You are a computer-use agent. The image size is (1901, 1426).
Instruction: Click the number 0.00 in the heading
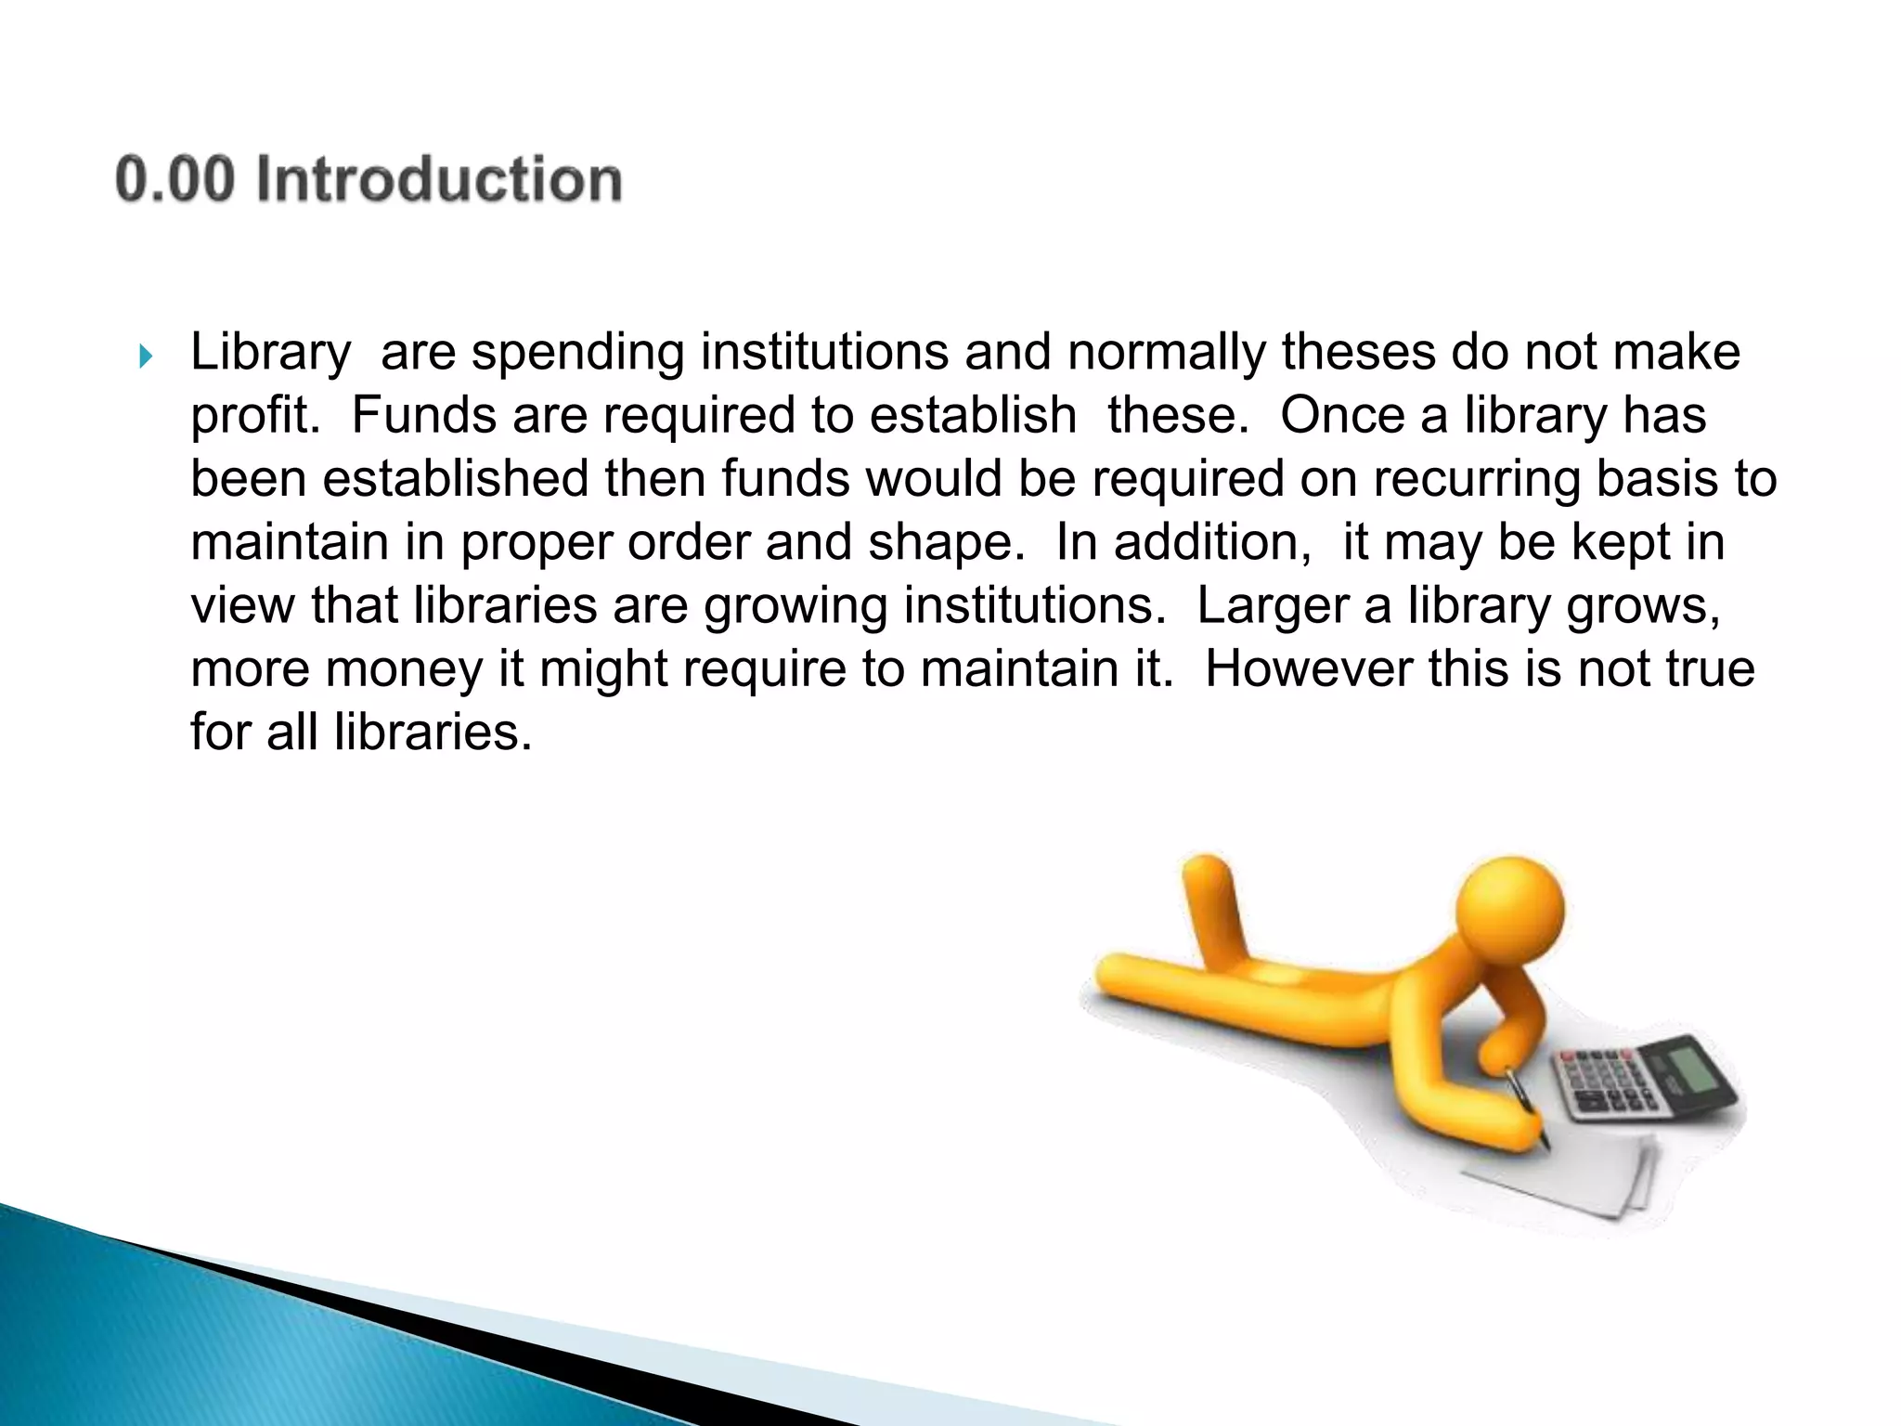[x=175, y=179]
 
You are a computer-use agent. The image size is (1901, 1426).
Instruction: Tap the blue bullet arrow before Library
[x=145, y=356]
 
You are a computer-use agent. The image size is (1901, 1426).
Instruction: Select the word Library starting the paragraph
[x=270, y=354]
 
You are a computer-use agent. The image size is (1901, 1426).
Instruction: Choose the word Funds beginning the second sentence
[x=423, y=415]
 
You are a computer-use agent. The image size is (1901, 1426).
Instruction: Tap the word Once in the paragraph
[x=1342, y=415]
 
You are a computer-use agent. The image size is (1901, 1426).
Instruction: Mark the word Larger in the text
[x=1272, y=606]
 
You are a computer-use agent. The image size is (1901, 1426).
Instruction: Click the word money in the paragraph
[x=405, y=669]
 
